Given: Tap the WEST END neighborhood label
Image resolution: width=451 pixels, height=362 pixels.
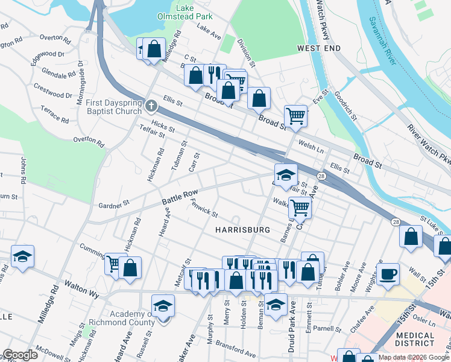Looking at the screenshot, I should tap(318, 48).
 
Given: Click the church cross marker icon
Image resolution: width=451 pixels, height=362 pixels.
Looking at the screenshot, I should tap(151, 106).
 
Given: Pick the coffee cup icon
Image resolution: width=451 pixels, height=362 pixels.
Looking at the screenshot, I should tap(388, 275).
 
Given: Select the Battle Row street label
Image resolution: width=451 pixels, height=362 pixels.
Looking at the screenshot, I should tap(179, 197).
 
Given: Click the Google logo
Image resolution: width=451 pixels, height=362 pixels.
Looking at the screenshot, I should tap(20, 355).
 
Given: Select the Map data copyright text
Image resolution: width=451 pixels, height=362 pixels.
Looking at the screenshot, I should tap(414, 358).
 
